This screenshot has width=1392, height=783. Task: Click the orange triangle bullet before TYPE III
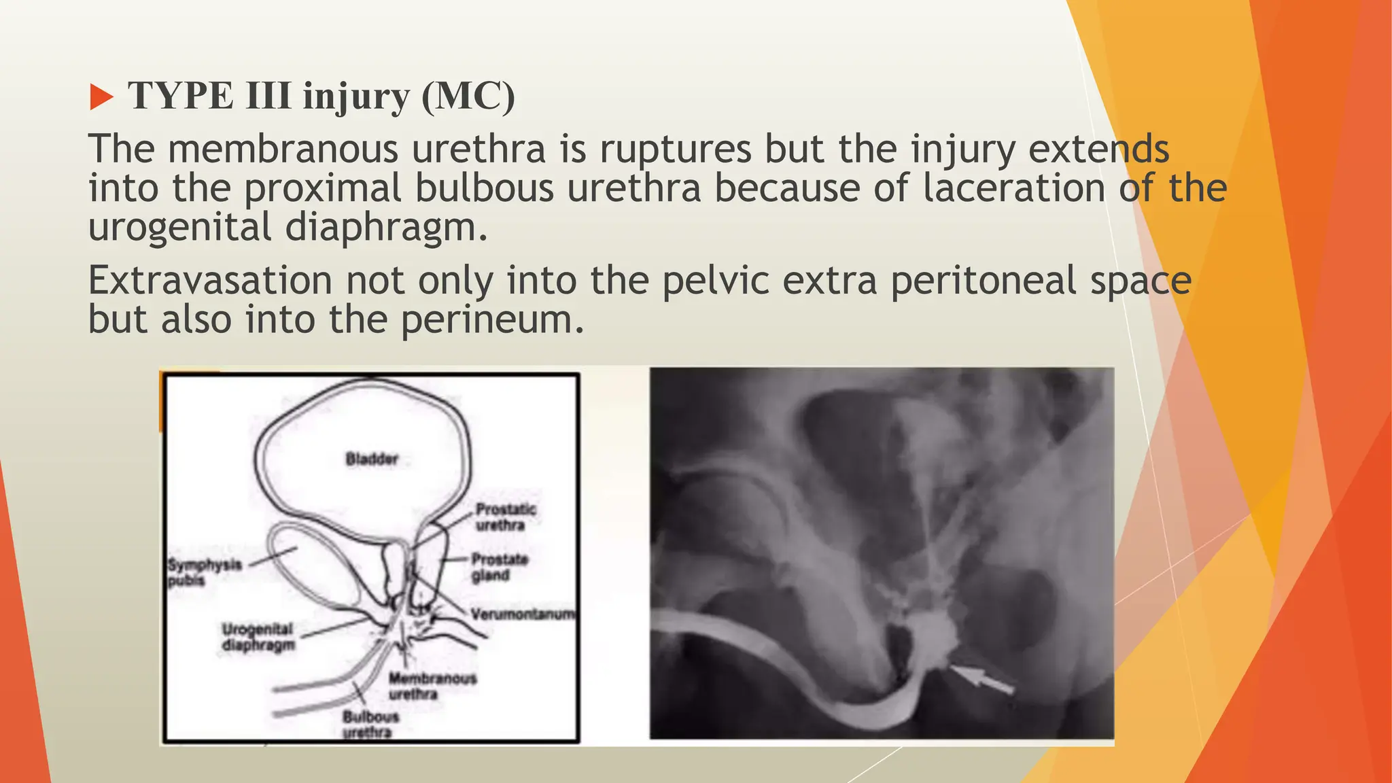[101, 97]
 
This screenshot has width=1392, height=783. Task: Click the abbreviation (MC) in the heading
[468, 96]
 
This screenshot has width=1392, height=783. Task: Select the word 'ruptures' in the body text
[675, 149]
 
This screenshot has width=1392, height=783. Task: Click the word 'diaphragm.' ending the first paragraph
[386, 226]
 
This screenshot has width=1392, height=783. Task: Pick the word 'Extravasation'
[210, 280]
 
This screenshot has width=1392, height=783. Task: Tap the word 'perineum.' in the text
[492, 319]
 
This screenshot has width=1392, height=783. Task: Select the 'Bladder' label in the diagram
[372, 459]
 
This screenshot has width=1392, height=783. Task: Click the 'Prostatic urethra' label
[505, 517]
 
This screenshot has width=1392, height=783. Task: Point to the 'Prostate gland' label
[500, 568]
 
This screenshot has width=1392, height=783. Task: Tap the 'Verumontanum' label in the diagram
[523, 614]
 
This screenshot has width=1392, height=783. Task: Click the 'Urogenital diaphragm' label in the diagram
[258, 637]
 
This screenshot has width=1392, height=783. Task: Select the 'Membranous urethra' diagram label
[432, 686]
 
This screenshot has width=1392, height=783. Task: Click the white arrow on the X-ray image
[982, 680]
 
